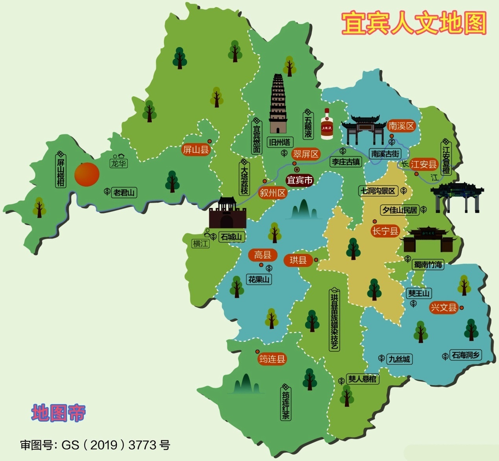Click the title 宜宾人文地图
[414, 23]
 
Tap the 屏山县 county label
[196, 149]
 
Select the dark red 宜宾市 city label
[300, 180]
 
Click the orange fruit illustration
[87, 174]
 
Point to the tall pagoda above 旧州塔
[278, 104]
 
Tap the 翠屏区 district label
[306, 154]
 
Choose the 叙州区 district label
[273, 193]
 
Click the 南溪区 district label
[401, 126]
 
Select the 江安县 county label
[424, 164]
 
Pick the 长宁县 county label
[385, 231]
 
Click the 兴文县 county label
[444, 307]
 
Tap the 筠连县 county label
[272, 359]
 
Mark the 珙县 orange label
[298, 260]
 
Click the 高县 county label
[263, 255]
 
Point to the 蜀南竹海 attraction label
[428, 264]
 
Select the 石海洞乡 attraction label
[466, 355]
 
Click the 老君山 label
[124, 193]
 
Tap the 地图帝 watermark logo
[58, 413]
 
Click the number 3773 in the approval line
[142, 445]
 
